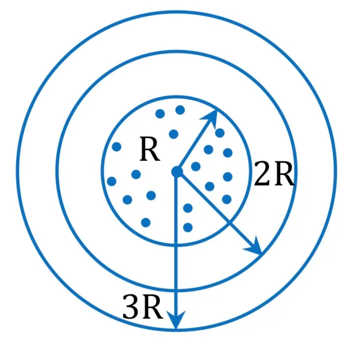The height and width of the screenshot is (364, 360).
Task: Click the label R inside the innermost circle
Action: [x=150, y=149]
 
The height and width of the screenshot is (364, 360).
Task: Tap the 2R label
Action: [x=274, y=173]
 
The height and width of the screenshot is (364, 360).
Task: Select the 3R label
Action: [x=142, y=307]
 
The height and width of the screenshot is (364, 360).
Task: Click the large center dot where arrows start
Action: [x=177, y=172]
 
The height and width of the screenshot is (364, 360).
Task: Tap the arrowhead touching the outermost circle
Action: [x=176, y=320]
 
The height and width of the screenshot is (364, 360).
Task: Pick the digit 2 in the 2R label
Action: [x=262, y=173]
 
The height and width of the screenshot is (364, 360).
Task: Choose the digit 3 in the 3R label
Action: [x=131, y=307]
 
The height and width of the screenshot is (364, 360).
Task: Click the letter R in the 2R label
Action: [x=284, y=173]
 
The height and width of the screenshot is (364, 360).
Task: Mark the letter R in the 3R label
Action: [x=152, y=307]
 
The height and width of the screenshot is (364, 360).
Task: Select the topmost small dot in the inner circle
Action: [x=180, y=110]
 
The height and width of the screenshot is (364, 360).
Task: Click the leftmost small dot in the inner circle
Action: [x=111, y=181]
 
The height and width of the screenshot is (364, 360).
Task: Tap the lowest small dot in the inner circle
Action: [x=188, y=227]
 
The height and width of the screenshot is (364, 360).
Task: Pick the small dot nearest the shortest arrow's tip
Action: [x=220, y=133]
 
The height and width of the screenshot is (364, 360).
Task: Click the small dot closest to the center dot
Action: [x=196, y=166]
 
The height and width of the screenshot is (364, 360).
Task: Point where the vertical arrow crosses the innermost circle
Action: [x=177, y=245]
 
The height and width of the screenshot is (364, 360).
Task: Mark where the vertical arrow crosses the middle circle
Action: [x=177, y=290]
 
